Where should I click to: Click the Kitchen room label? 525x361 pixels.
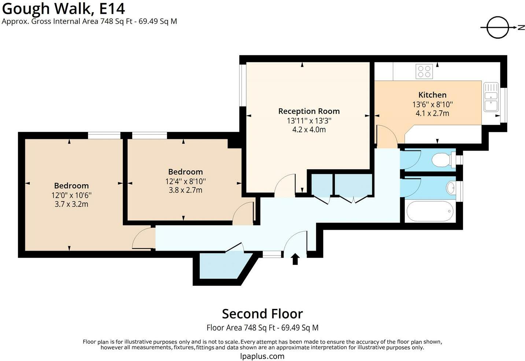click(432, 95)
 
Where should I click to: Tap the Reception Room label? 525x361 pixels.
click(309, 111)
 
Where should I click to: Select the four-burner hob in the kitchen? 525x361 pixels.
click(424, 71)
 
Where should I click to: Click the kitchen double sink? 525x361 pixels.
click(491, 97)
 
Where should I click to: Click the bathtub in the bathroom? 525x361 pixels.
click(430, 211)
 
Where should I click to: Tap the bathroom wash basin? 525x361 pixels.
click(451, 188)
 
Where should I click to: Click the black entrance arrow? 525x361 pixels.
click(295, 259)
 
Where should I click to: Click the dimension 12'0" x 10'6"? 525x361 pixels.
click(71, 195)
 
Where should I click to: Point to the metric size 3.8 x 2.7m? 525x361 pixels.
click(185, 190)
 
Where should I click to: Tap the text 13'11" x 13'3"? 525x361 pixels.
click(309, 121)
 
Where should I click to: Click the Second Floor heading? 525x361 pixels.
click(262, 314)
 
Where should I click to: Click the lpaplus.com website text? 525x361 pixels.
click(262, 357)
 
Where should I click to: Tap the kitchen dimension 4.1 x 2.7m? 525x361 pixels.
click(432, 114)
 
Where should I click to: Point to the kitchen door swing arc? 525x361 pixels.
click(390, 131)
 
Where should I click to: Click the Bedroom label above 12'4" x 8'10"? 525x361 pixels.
click(185, 172)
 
